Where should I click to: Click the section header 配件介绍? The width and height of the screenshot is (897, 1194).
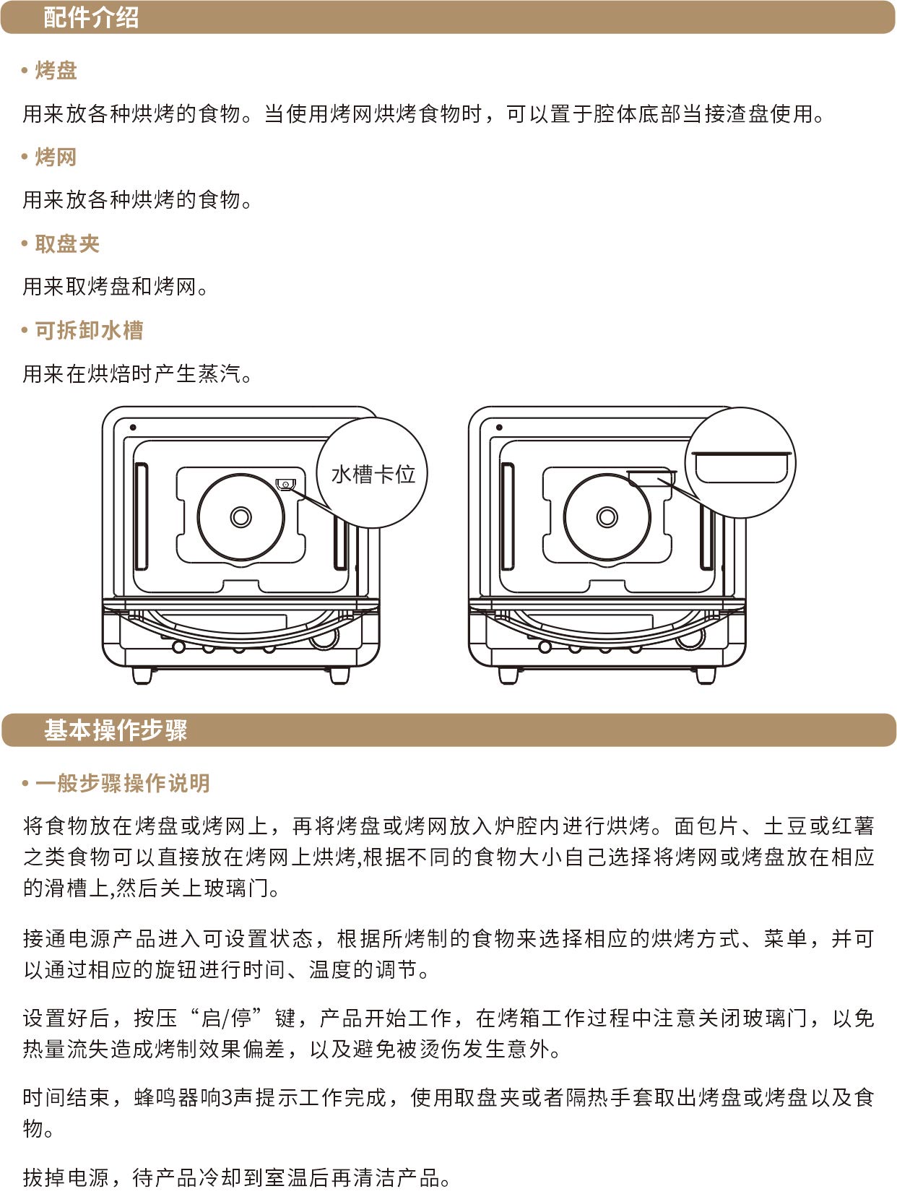click(x=91, y=17)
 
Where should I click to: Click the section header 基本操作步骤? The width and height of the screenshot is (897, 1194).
click(x=116, y=730)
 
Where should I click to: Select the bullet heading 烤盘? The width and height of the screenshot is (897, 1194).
click(x=56, y=71)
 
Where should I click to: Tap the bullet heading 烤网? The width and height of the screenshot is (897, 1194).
click(x=56, y=157)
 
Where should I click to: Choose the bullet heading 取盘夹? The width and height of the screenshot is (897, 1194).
click(x=67, y=243)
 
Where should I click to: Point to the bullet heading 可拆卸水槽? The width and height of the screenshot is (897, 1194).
click(x=89, y=330)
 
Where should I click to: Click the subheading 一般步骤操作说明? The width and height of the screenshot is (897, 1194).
click(x=122, y=783)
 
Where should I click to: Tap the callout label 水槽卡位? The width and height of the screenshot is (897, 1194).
click(x=373, y=474)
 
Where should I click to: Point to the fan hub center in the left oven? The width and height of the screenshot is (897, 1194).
click(x=240, y=516)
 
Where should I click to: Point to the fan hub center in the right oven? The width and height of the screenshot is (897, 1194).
click(x=607, y=516)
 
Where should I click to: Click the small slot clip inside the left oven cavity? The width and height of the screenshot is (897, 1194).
click(x=285, y=483)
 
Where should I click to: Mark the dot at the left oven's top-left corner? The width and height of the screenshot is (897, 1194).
click(x=133, y=427)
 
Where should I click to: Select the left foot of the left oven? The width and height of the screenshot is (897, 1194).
click(x=142, y=675)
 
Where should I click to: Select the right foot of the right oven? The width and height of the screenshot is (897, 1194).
click(x=706, y=675)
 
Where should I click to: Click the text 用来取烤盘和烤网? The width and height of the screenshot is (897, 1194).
click(x=109, y=287)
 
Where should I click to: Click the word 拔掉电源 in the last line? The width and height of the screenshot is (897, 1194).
click(x=66, y=1177)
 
